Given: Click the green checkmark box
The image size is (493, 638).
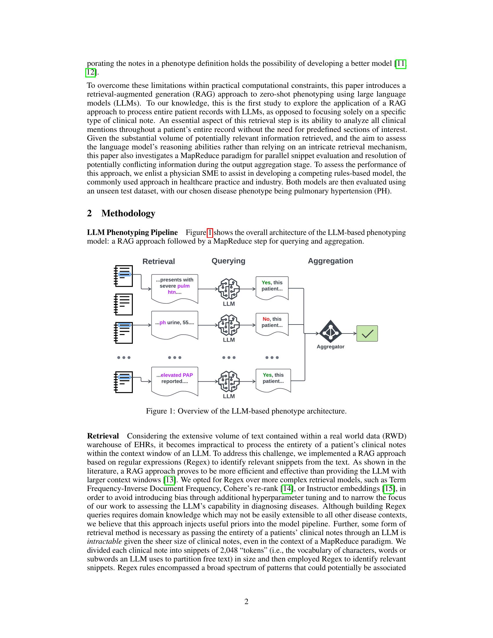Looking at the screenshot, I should coord(367,333).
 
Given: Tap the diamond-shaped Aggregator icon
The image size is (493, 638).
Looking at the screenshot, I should coord(330,331).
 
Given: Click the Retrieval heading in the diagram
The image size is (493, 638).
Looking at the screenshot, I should coord(159,262).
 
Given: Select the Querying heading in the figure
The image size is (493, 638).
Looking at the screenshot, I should coord(229,261).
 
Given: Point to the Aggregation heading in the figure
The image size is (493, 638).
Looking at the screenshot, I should coord(330,261).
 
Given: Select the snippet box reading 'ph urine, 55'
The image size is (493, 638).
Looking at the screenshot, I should coord(175,324).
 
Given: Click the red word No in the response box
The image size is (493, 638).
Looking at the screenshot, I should coord(266,319).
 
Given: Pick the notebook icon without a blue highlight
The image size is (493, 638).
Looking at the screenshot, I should coord(124,304).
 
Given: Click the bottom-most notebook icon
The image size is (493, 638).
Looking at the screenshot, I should coord(124,382).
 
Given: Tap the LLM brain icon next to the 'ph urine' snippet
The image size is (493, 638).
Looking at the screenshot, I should coord(229,325).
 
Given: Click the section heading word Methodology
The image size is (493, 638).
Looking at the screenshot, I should coord(128,213).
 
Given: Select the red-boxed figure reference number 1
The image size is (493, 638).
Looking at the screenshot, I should coord(210,233).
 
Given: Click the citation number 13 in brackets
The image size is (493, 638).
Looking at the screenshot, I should coord(170,480).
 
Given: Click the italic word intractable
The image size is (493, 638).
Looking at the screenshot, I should coord(104,541).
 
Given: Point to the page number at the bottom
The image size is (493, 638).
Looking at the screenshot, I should coord(246,601).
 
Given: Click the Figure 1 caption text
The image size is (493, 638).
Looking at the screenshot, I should coord(246,411).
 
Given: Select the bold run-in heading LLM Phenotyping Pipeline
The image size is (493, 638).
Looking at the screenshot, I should coord(132,233).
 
